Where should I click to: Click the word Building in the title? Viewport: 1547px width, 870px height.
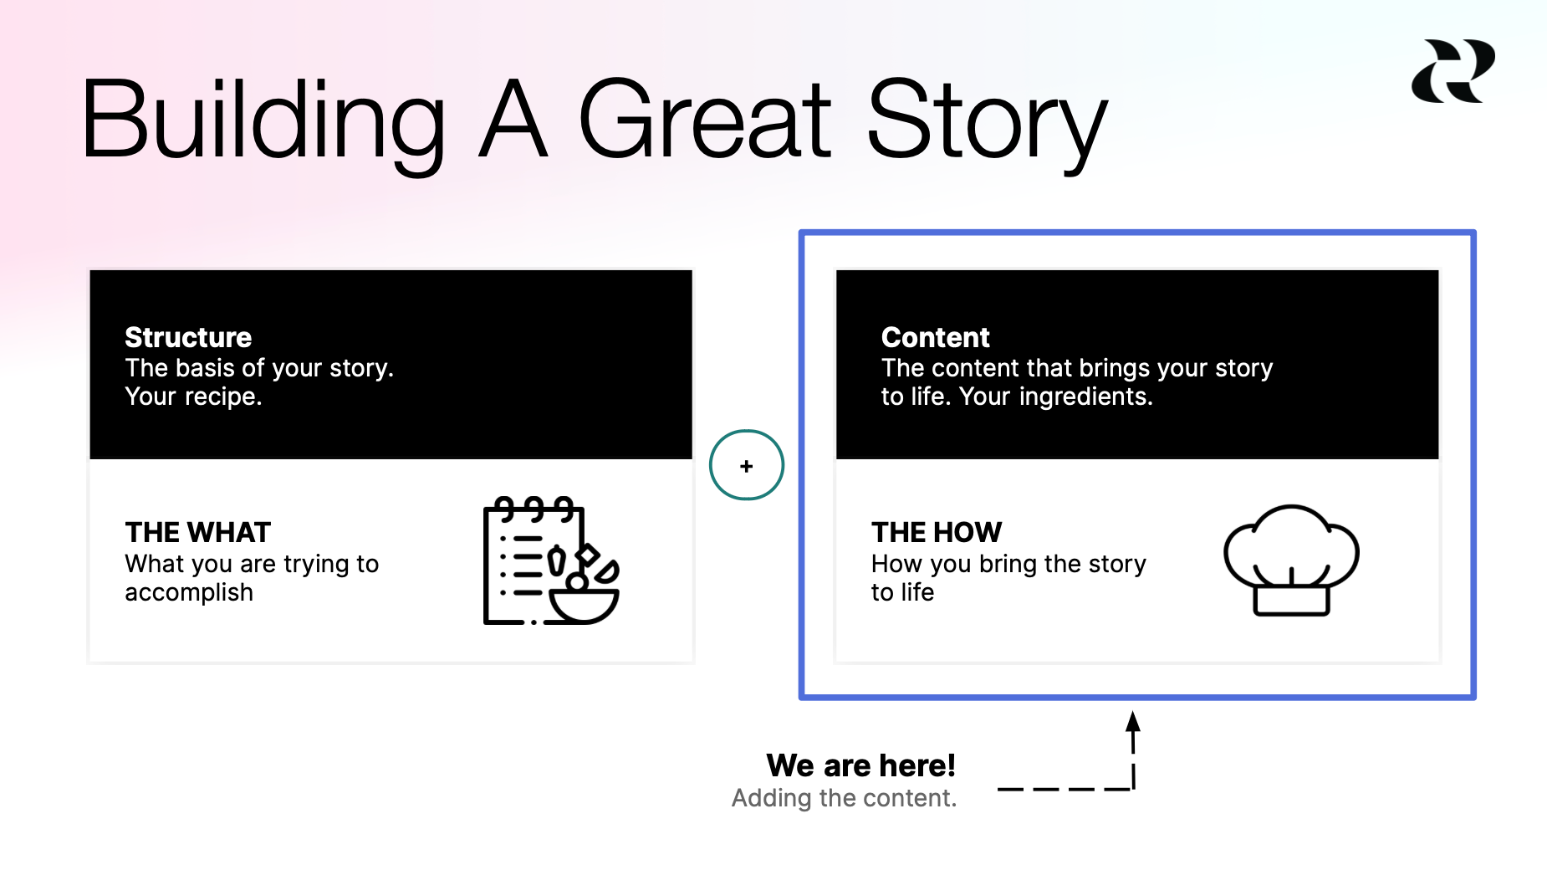[x=262, y=120]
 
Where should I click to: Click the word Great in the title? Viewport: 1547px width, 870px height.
[x=704, y=120]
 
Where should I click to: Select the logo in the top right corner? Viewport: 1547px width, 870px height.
[x=1453, y=71]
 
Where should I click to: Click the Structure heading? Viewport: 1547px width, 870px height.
[x=188, y=337]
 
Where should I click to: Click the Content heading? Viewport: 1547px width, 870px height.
[x=935, y=337]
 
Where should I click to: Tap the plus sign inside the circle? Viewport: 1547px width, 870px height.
[x=747, y=466]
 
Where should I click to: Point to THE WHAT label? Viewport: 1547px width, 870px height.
[x=198, y=532]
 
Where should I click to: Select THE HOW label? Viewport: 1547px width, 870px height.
[x=936, y=532]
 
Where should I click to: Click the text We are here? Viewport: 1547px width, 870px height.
[x=860, y=765]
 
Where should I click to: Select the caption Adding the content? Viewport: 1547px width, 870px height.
[x=844, y=798]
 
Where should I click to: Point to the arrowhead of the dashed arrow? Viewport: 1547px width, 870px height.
[x=1133, y=721]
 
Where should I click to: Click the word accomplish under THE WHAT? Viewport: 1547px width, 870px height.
[x=189, y=592]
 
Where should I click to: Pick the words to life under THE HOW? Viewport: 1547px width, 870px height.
[x=902, y=592]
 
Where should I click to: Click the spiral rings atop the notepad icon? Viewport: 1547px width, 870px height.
[x=534, y=507]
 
